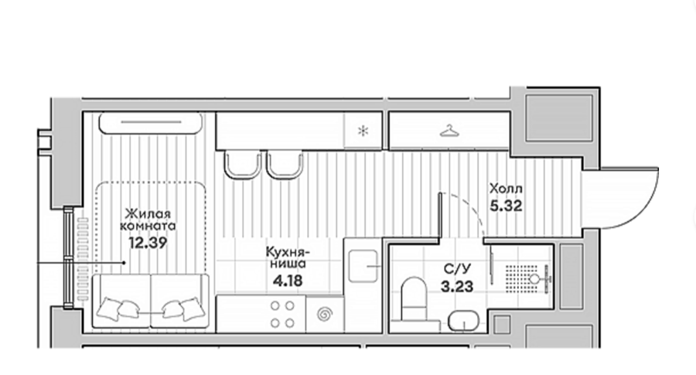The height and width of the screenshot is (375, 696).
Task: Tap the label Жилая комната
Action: (148, 220)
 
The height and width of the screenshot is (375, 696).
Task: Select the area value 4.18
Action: (288, 281)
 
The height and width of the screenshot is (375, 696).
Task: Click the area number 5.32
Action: (506, 206)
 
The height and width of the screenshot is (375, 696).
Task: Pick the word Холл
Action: (506, 189)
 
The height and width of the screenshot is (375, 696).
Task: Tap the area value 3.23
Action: (457, 286)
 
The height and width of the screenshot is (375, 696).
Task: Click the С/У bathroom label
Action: (457, 269)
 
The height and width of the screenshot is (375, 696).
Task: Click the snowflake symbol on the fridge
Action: (363, 131)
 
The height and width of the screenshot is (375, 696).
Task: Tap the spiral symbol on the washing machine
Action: (325, 315)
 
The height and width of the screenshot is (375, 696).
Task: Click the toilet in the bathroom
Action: (413, 298)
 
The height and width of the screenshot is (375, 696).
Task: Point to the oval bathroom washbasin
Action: (463, 320)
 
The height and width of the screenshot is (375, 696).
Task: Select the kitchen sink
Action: (363, 266)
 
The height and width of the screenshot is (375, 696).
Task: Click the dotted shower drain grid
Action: (521, 279)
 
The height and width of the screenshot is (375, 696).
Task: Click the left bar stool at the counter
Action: (242, 164)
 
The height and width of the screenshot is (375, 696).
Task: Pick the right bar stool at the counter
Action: (285, 164)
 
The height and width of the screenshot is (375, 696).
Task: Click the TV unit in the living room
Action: (151, 123)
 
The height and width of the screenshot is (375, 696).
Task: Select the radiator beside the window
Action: (83, 260)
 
